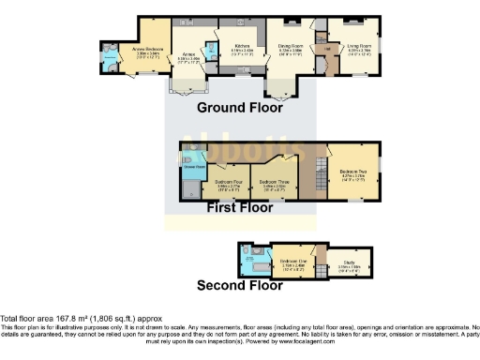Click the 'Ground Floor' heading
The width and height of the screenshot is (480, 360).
tap(240, 107)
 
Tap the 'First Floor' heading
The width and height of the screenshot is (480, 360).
tap(240, 208)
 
